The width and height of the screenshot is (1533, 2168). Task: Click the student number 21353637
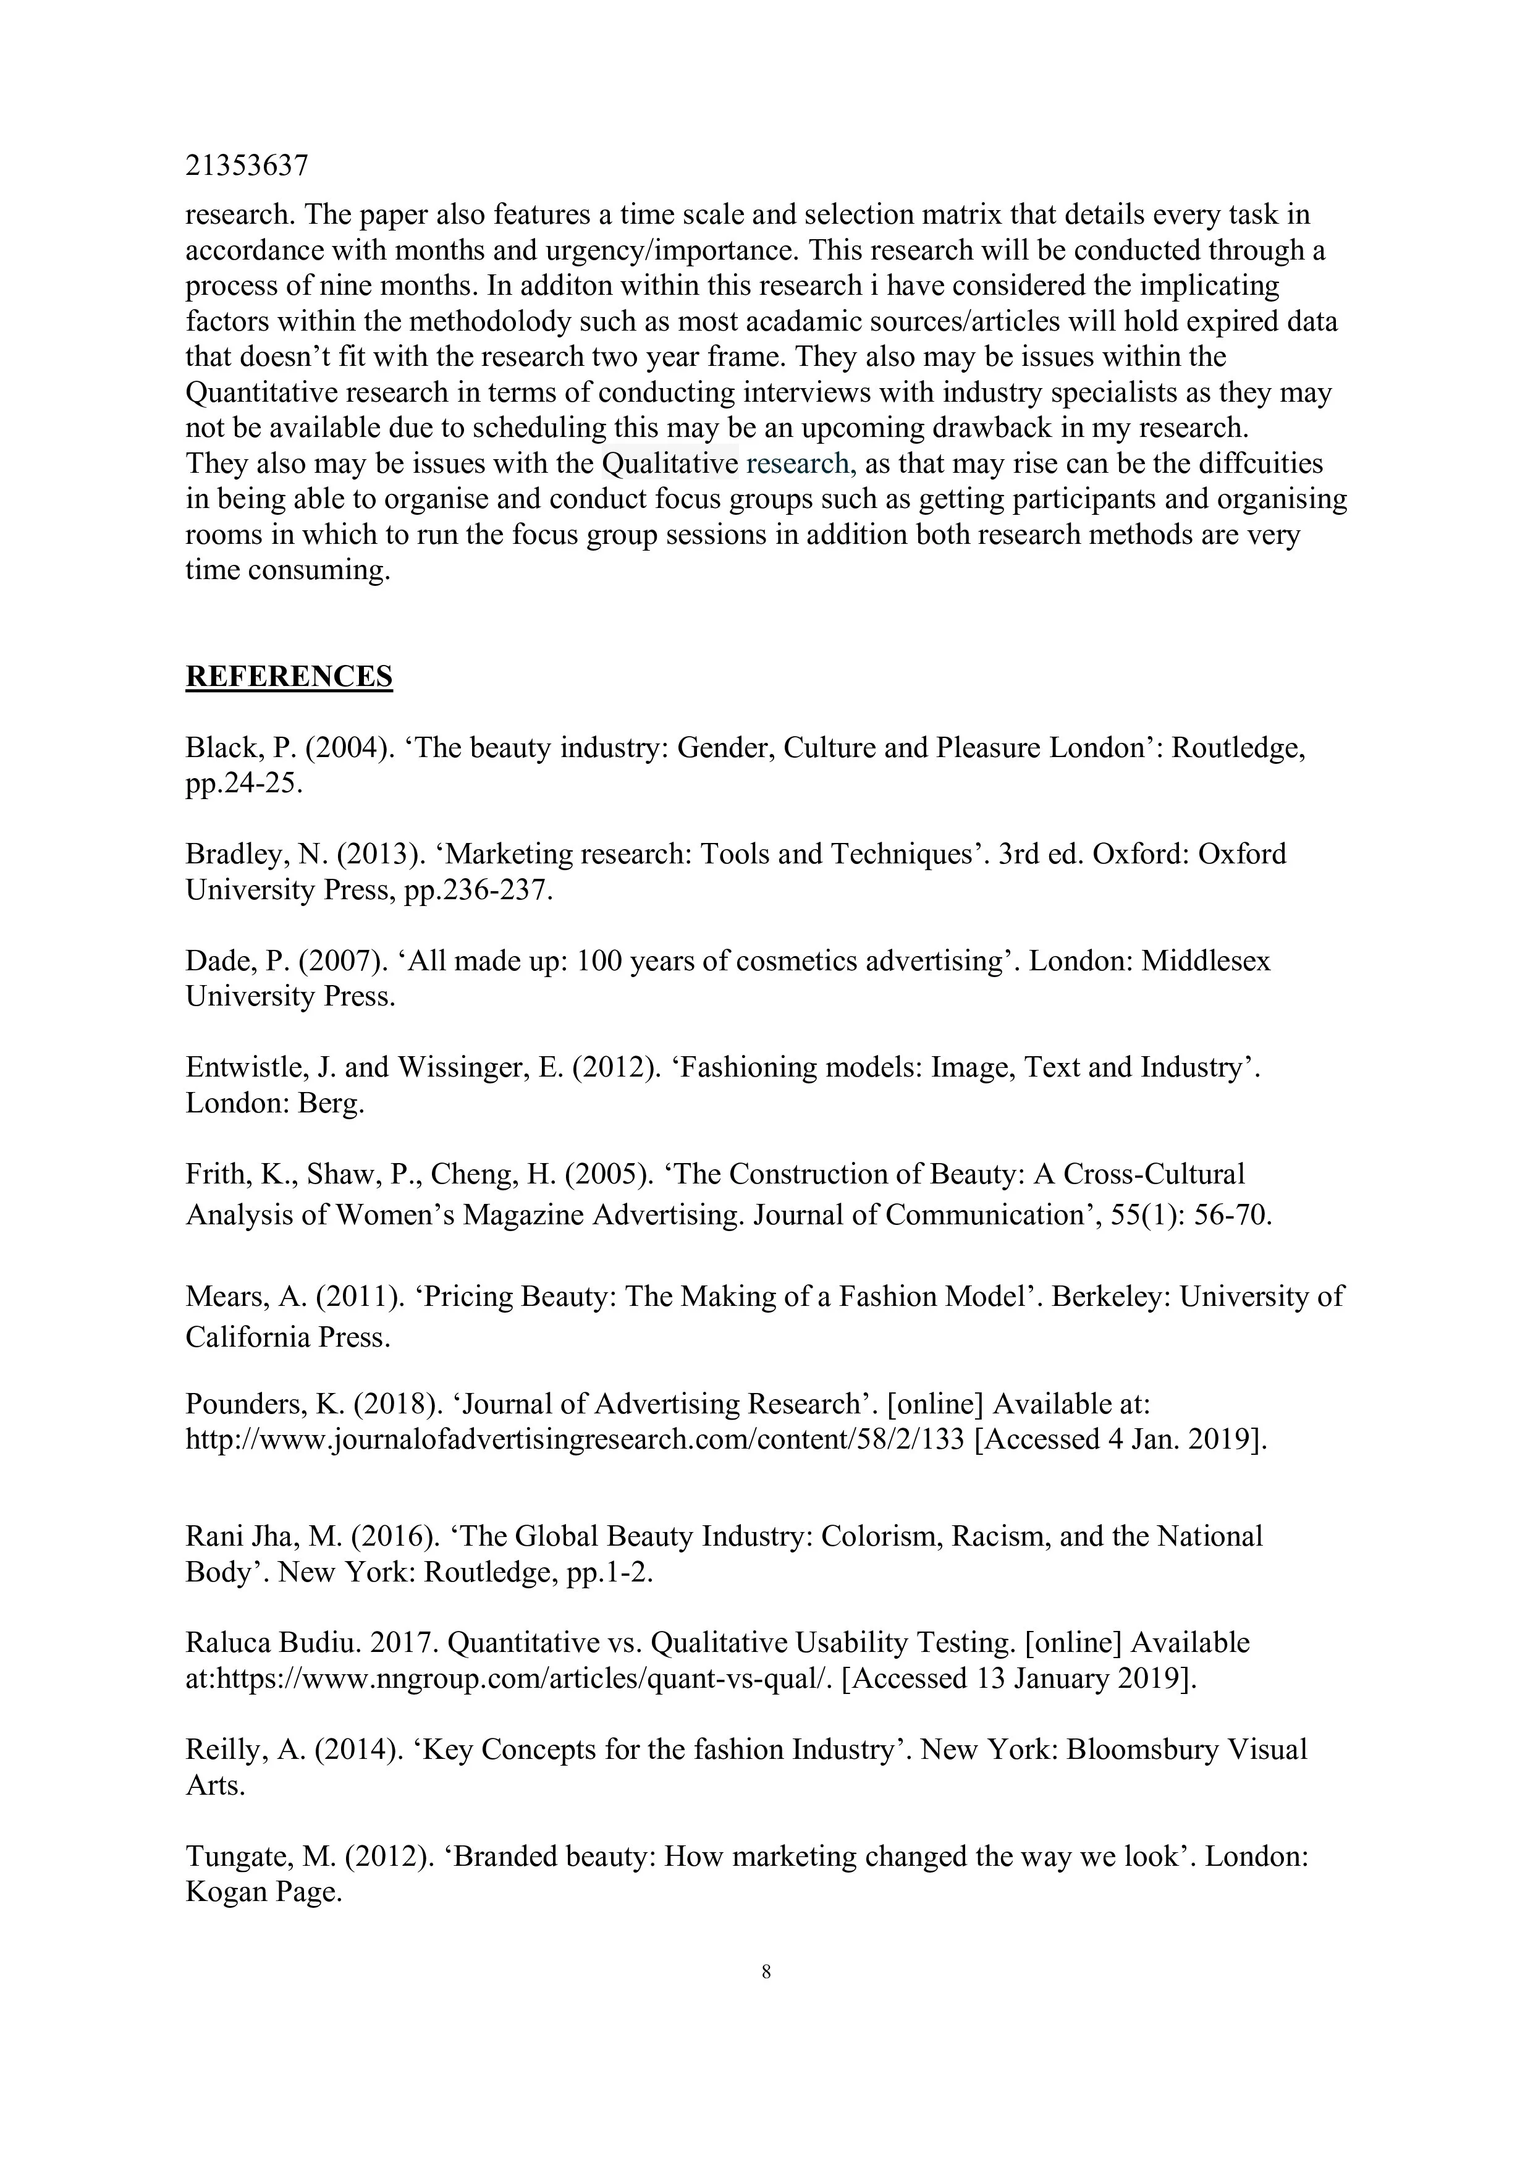click(x=247, y=166)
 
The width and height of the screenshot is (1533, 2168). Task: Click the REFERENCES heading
click(x=289, y=676)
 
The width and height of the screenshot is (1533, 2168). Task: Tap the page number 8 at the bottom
click(x=766, y=1971)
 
